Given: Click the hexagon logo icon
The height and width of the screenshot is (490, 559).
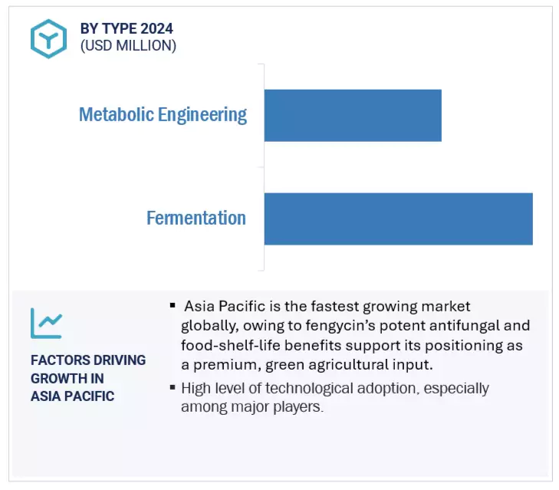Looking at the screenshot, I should [x=48, y=38].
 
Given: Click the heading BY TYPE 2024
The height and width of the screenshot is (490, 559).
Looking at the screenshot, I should [x=127, y=28].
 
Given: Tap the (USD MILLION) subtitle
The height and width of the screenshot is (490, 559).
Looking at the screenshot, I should [x=128, y=46].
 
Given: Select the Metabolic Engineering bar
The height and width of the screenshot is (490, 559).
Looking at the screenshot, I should [x=353, y=115].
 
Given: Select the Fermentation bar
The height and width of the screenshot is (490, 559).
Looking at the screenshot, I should [x=398, y=219].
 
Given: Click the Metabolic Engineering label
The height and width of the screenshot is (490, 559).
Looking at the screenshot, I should [x=163, y=115].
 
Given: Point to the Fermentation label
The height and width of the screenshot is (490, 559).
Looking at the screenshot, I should [x=196, y=219].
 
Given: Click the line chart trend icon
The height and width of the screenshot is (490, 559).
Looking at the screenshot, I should [x=46, y=323].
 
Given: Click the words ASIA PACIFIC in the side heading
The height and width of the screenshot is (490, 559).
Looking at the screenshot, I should [x=72, y=396].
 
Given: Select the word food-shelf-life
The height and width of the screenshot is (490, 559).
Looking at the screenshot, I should [x=228, y=345].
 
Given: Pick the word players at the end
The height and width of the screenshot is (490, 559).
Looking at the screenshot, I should [x=298, y=407].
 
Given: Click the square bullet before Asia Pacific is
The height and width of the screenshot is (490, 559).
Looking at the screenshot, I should [x=173, y=306].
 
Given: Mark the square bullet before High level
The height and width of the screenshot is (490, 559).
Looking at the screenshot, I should [x=173, y=387].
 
